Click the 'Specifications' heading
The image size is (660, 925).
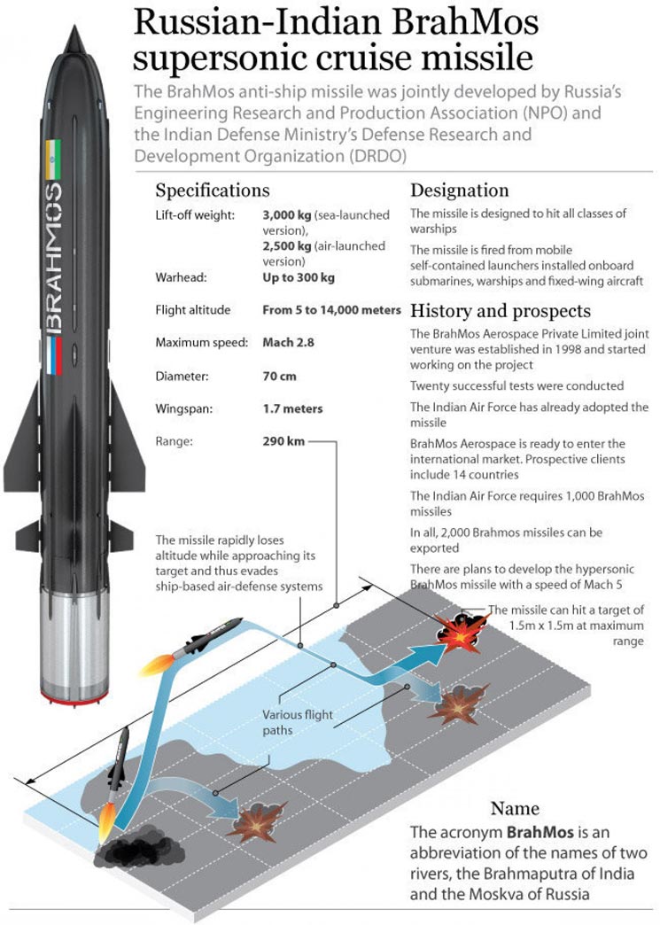pos(212,190)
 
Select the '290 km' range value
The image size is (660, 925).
pos(283,440)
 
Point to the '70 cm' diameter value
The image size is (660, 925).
pos(281,377)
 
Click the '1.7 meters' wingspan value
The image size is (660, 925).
pos(293,409)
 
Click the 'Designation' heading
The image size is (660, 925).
pos(459,190)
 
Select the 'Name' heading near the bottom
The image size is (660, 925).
pos(515,809)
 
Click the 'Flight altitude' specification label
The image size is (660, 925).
pos(192,310)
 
